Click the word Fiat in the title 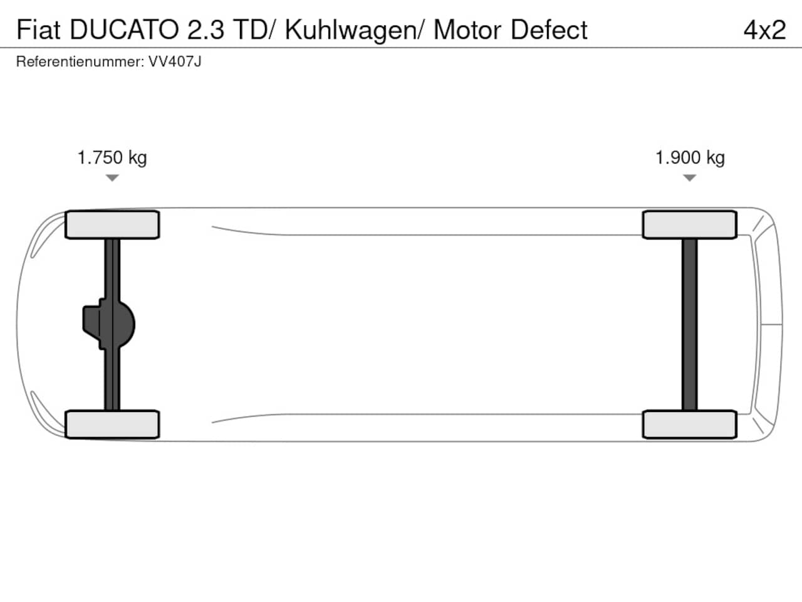pos(38,29)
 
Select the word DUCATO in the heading pos(124,29)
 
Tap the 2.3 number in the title pos(206,29)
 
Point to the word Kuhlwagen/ pos(354,31)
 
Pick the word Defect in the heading pos(549,29)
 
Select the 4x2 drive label pos(765,29)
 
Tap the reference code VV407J pos(175,62)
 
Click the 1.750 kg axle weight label pos(112,158)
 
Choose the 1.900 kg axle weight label pos(690,158)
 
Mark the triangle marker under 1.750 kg pos(112,178)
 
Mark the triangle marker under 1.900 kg pos(689,178)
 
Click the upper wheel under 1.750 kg pos(112,224)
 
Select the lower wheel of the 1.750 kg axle pos(112,425)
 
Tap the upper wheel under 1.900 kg pos(689,224)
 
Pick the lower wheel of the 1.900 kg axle pos(689,425)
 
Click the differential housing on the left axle pos(109,324)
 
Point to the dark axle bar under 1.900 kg pos(689,325)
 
